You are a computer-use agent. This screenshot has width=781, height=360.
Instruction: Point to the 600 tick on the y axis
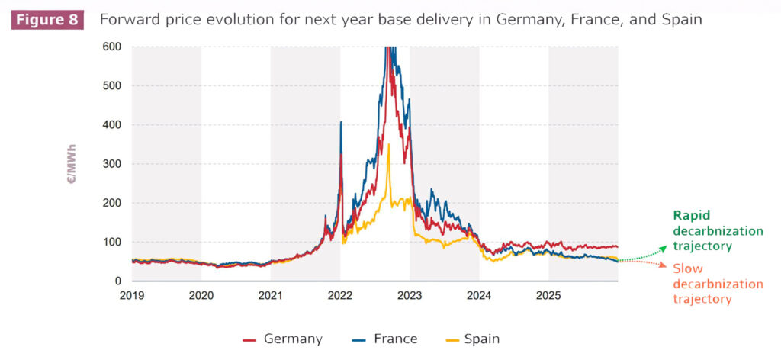(111, 47)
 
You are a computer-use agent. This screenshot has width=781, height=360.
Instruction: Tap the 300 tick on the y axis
(111, 164)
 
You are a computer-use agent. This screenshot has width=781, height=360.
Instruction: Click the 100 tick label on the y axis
(111, 242)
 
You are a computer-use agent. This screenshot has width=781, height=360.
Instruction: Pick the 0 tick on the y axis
(117, 281)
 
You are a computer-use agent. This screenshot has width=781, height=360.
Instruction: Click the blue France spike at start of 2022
(340, 123)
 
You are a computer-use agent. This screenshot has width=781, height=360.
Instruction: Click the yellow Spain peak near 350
(388, 144)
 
